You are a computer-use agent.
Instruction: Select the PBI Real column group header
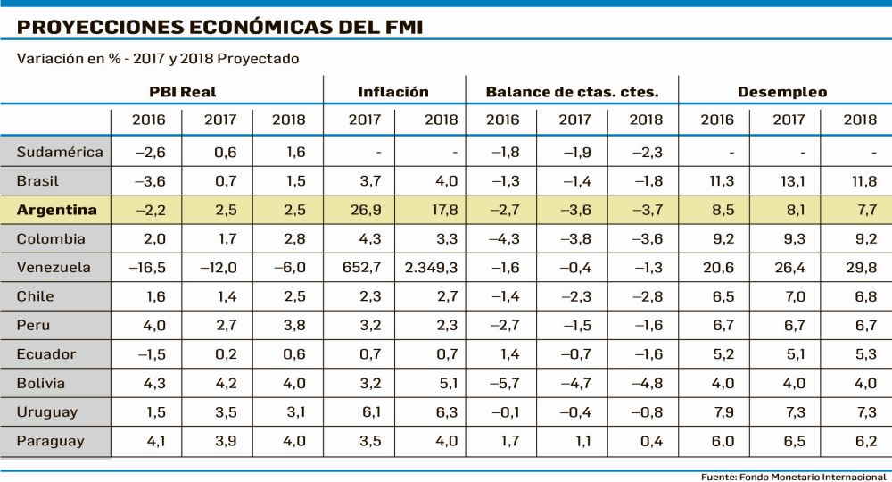pyautogui.click(x=183, y=92)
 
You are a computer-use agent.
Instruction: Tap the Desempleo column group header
pyautogui.click(x=782, y=92)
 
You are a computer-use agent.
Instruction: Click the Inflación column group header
pyautogui.click(x=393, y=92)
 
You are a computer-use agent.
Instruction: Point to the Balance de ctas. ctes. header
pyautogui.click(x=572, y=92)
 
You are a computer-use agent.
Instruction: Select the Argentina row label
pyautogui.click(x=56, y=210)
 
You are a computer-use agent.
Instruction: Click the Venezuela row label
pyautogui.click(x=54, y=267)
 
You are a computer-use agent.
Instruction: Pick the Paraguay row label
pyautogui.click(x=51, y=441)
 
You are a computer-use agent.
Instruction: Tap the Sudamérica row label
pyautogui.click(x=60, y=152)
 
